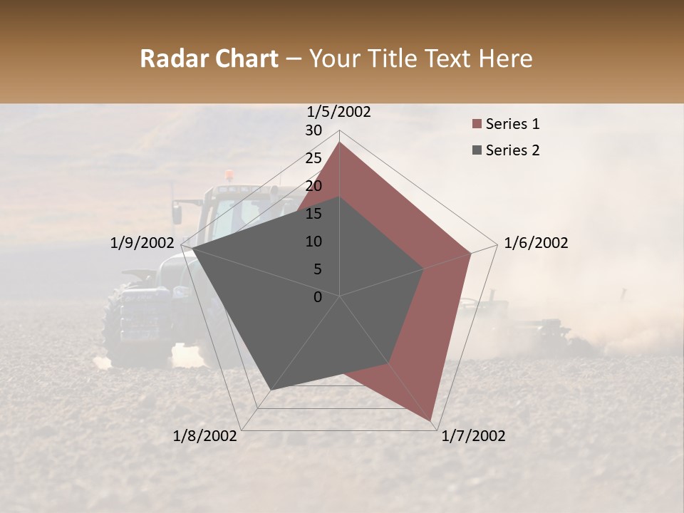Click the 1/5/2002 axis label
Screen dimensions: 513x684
pos(339,112)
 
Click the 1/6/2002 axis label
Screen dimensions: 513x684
pos(536,243)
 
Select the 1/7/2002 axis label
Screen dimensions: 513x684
pos(473,436)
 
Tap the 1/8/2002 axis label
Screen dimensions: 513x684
pos(205,436)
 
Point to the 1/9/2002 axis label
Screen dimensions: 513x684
pos(142,243)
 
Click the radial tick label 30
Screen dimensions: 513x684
pos(313,130)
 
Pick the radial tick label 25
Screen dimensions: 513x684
pos(313,158)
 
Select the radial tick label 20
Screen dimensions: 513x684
pos(313,186)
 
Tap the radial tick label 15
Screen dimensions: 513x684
pos(313,214)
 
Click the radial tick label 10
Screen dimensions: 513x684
pos(313,242)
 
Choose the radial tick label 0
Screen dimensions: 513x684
pos(318,297)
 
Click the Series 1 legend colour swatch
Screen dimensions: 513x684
pos(476,125)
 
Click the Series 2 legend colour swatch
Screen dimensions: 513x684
pos(476,150)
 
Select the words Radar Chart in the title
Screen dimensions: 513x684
pos(209,58)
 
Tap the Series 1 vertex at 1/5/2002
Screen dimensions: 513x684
pos(339,142)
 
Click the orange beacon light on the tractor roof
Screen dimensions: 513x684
pos(229,175)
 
